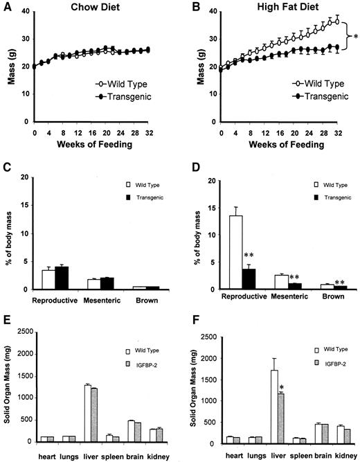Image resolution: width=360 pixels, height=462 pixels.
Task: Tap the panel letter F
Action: [185, 321]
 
